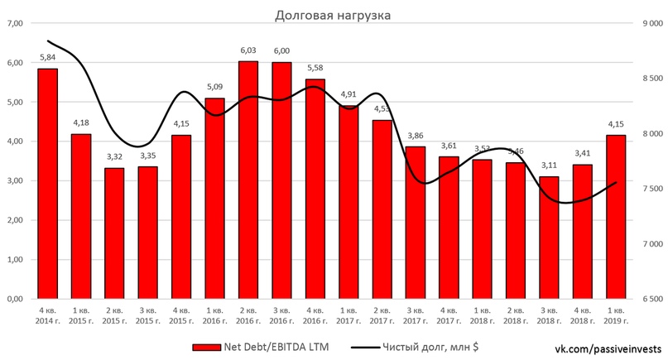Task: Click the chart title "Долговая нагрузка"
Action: [333, 15]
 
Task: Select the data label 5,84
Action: [48, 59]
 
